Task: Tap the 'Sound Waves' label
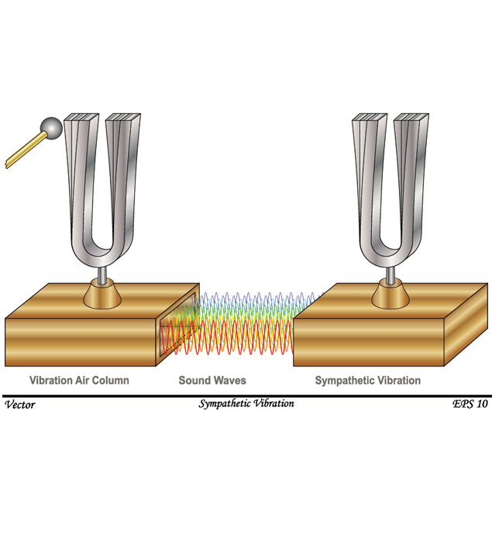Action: (212, 381)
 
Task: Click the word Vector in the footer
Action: (19, 404)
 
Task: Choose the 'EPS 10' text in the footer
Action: (470, 404)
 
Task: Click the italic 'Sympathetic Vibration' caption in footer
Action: (246, 404)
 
